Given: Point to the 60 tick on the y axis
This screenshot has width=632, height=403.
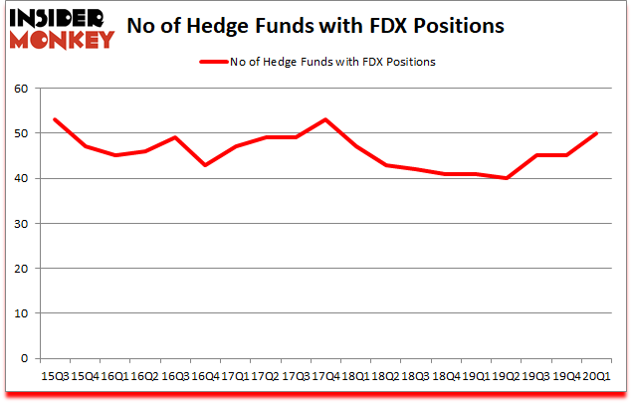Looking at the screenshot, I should coord(22,89).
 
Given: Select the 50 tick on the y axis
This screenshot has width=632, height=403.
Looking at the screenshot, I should coord(22,133).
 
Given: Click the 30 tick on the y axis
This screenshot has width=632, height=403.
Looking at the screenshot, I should coord(22,223).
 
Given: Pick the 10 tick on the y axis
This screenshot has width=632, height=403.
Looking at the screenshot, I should coord(22,313).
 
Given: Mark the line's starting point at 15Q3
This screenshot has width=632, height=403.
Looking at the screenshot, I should coord(55,119).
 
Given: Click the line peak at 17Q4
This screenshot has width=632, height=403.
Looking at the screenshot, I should coord(324,119).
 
